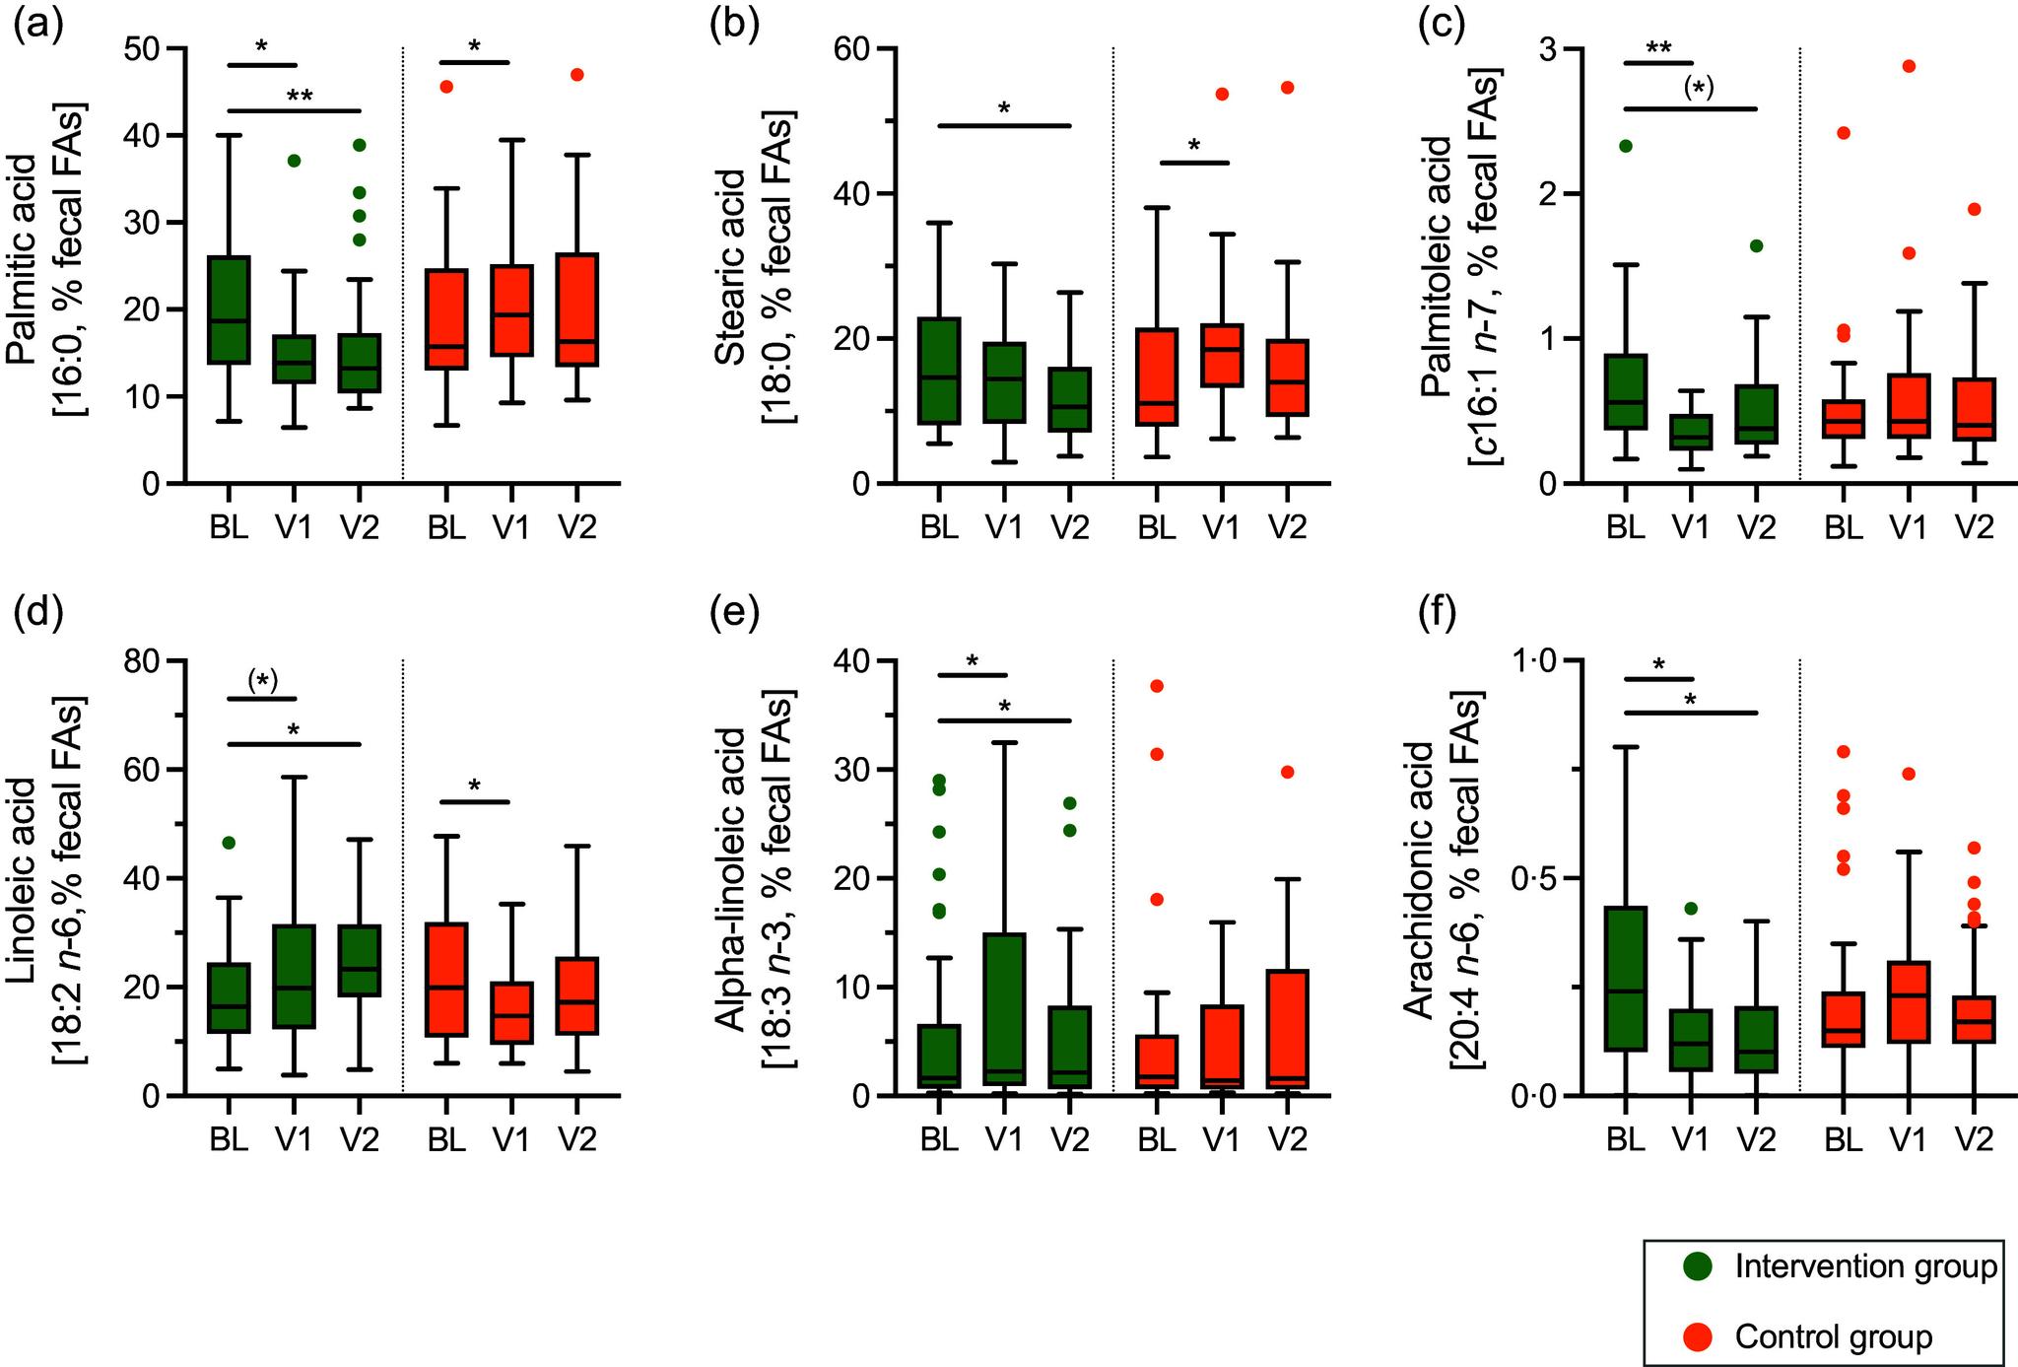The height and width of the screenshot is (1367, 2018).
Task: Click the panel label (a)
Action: pos(36,25)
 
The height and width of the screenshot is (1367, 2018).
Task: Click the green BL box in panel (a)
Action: pos(228,309)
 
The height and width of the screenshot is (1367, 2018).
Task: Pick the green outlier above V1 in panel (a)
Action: pos(294,160)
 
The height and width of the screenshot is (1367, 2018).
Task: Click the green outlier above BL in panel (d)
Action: pos(228,843)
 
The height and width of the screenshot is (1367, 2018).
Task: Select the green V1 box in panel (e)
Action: pos(1004,1009)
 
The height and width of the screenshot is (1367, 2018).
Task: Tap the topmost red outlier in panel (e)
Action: pos(1157,686)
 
